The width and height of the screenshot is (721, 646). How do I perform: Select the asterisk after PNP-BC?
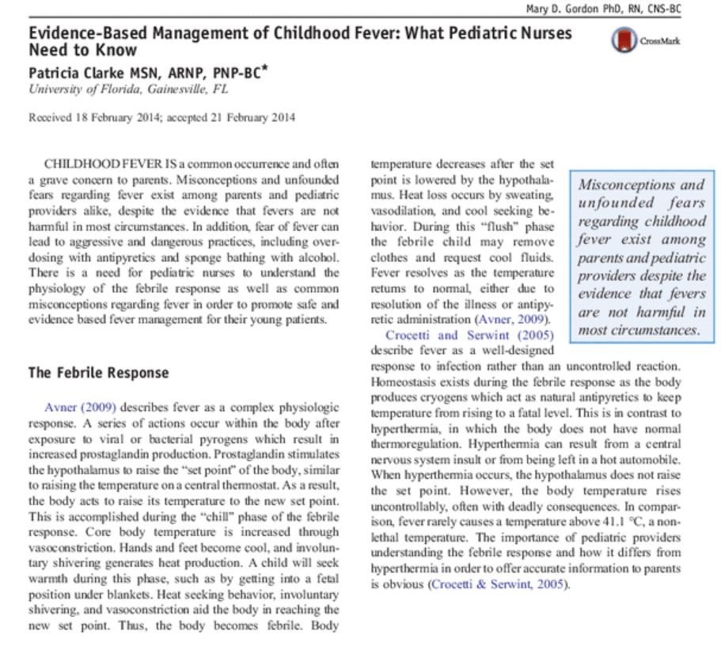tap(267, 69)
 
